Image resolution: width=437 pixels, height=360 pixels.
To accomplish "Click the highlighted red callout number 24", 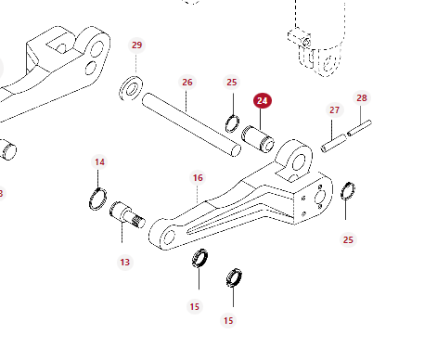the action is coord(263,101).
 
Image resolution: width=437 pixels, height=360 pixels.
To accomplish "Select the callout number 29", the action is coord(136,45).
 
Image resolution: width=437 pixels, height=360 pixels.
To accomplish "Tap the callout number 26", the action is coord(187,83).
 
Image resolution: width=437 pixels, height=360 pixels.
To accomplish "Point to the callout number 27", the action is coord(334,110).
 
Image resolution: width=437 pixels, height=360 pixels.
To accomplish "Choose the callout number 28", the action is coord(362,98).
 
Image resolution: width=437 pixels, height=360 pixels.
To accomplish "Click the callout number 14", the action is coord(99,162).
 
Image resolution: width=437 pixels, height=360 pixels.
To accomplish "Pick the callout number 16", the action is coord(198,178).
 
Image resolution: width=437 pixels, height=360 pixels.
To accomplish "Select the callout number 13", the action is coord(125,263).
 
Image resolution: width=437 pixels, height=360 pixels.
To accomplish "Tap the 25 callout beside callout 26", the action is coord(232,83).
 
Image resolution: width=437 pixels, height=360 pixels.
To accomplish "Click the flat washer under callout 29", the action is coord(131,88).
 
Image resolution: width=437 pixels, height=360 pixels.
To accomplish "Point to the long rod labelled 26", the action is coord(191,124).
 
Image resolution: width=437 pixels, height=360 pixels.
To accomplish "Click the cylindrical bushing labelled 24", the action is coord(258,139).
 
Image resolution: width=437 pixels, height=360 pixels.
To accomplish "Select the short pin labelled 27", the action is coord(334,143).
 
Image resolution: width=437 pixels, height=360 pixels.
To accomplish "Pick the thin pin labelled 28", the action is coord(359,128).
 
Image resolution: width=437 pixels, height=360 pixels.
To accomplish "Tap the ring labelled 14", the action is coord(98,199).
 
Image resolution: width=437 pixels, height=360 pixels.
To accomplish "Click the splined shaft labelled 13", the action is coord(127,214).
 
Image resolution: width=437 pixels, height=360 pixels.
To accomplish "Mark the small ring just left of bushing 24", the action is coord(232,123).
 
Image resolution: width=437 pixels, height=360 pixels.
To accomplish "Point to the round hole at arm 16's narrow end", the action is coord(169,237).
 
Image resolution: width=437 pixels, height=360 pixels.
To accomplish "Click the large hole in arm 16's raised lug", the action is coord(298,162).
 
